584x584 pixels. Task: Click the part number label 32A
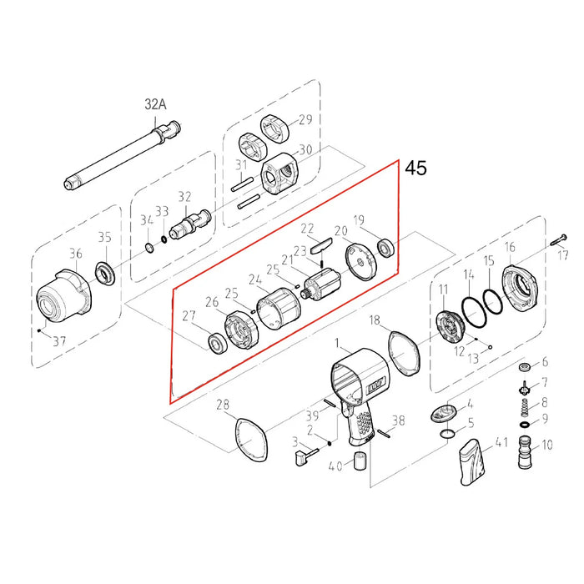[156, 105]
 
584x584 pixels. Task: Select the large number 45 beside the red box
[415, 169]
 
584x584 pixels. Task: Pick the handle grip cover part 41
[471, 462]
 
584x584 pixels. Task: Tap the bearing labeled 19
[386, 248]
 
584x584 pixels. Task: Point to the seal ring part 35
[106, 272]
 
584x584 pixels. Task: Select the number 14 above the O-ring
[470, 274]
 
